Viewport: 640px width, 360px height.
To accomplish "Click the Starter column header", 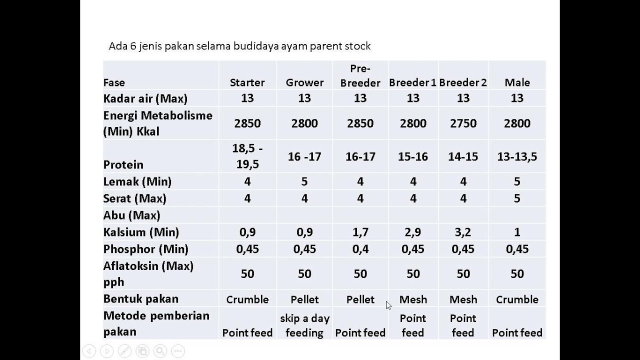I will point(247,82).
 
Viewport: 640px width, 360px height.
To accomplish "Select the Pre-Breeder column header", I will point(360,75).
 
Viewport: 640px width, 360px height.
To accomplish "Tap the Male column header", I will point(517,82).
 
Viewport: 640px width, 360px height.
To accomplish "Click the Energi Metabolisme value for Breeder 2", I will point(463,123).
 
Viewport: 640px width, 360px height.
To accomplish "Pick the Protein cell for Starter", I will point(247,156).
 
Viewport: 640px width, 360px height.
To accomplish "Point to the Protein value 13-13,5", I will point(517,156).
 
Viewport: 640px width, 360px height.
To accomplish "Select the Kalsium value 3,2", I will point(463,232).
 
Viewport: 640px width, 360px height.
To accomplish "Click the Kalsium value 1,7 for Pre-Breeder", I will point(360,232).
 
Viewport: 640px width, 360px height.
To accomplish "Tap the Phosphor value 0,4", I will point(360,249).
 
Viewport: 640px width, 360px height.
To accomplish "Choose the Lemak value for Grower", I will point(304,181).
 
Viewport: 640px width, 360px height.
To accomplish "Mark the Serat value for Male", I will point(517,198).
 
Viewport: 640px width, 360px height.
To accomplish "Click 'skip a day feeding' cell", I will point(304,325).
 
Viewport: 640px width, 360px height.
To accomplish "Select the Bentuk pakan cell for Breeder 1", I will point(413,299).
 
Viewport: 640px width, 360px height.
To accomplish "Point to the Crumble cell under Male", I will point(517,299).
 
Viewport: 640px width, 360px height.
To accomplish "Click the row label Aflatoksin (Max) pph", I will point(148,273).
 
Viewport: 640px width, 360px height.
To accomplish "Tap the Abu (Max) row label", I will point(131,215).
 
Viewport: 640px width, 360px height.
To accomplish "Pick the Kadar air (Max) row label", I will point(145,98).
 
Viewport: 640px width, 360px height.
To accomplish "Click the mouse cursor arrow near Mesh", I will point(388,305).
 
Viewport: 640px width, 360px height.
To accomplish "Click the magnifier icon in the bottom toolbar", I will point(160,351).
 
